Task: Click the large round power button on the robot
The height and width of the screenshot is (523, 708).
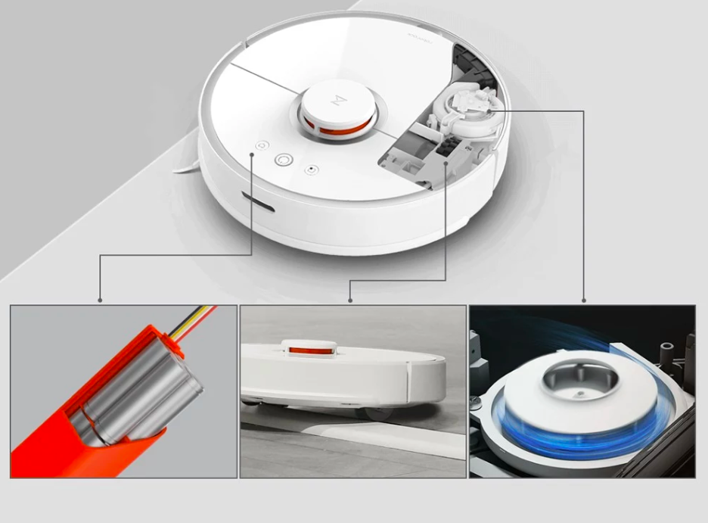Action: pos(284,160)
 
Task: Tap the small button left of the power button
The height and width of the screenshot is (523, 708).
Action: pos(262,145)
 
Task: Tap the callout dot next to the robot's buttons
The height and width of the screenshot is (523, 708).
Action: pos(252,155)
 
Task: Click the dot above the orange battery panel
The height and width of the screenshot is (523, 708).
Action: pos(100,300)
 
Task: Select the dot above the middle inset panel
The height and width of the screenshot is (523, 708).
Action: pos(350,300)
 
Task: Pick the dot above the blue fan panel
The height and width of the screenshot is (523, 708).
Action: pos(583,300)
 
